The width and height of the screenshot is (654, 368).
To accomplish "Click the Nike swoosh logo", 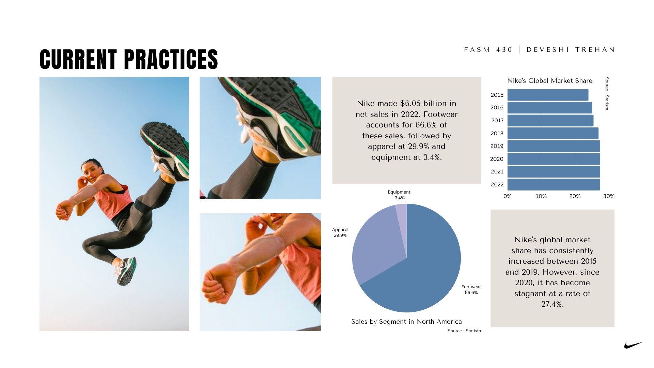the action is point(633,345).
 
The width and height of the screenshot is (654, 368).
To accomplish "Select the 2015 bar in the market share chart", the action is point(548,95).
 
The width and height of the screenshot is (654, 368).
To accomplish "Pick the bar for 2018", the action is point(553,133).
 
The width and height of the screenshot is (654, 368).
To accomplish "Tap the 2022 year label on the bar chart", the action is point(497,184).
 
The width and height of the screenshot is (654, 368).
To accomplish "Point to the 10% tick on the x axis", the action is point(541,196).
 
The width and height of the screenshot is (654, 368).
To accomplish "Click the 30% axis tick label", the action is point(609,196).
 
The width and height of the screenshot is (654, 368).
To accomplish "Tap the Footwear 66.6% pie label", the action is point(471,290).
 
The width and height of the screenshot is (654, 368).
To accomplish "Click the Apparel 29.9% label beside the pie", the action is point(340,232).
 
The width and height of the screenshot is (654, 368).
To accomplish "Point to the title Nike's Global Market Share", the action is point(550,81).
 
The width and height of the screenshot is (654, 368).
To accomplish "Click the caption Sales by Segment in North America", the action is point(406,322).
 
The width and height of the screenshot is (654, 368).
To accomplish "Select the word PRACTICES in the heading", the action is point(171,59).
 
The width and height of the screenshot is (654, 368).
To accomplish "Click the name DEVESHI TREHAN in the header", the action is point(571,50).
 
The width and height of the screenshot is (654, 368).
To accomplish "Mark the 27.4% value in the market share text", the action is point(552,304).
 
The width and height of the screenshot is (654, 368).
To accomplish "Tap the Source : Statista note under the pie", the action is point(464,331).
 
